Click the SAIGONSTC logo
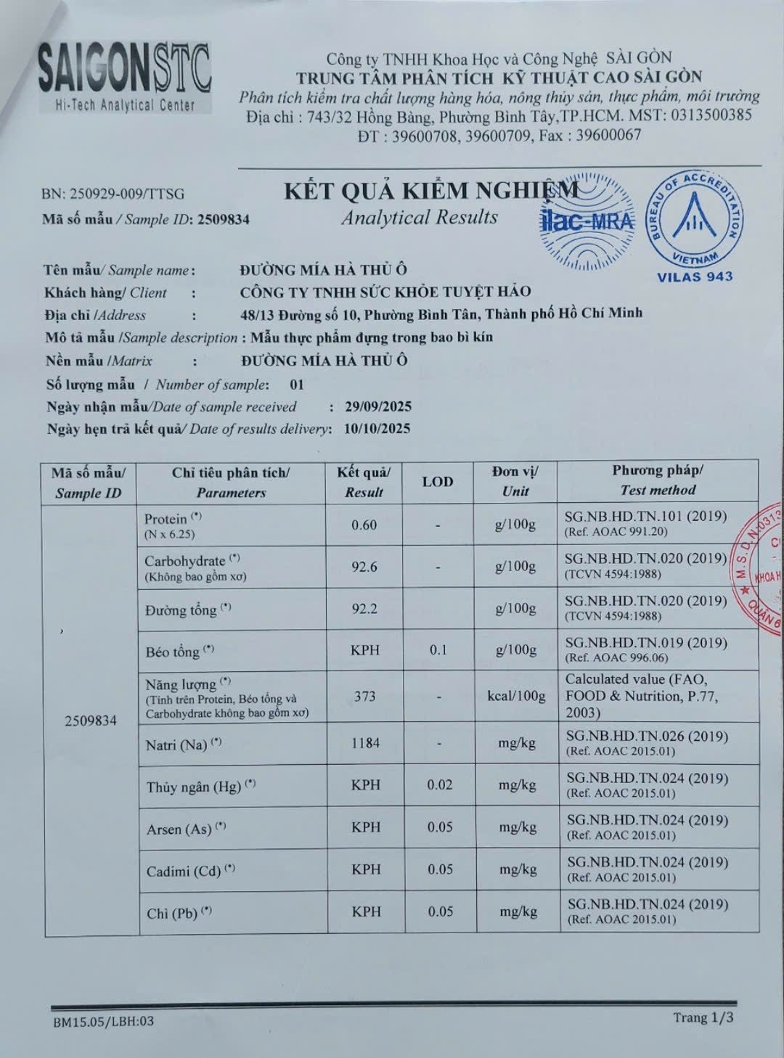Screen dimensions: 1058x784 [x=124, y=76]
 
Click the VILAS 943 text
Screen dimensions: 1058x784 [x=695, y=276]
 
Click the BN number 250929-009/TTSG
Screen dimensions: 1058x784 [x=113, y=194]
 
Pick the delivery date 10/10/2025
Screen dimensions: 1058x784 [x=377, y=429]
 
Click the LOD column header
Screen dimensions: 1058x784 [x=438, y=482]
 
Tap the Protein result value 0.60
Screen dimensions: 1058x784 [x=364, y=525]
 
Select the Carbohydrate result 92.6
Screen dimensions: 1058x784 [x=364, y=567]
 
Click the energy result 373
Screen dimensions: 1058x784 [x=364, y=697]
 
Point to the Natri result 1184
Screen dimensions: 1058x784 [x=365, y=743]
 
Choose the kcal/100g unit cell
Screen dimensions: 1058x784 [x=516, y=697]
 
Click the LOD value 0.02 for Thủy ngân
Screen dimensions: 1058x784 [x=440, y=785]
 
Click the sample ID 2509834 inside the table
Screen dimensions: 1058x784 [x=90, y=721]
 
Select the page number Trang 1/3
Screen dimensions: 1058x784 [x=703, y=1017]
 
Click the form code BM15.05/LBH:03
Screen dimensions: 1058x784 [x=103, y=1022]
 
